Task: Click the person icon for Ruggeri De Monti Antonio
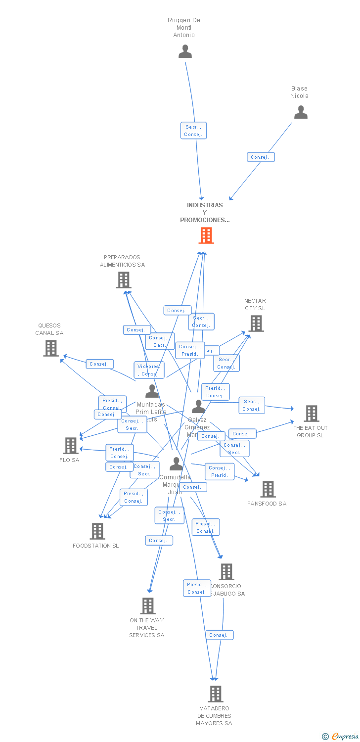[185, 51]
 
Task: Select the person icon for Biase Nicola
[301, 112]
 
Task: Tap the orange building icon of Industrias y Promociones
[206, 235]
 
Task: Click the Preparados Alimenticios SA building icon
[123, 280]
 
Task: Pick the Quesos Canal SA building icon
[50, 348]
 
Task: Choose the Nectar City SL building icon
[256, 324]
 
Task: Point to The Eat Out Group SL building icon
[311, 413]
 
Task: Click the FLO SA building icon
[71, 445]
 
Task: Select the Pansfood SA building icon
[268, 489]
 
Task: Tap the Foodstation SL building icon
[97, 531]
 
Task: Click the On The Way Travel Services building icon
[147, 605]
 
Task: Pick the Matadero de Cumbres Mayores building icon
[215, 694]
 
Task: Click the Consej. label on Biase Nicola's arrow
[261, 157]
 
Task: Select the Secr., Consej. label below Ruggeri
[193, 131]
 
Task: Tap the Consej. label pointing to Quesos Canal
[99, 364]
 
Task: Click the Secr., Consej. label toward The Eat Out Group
[252, 405]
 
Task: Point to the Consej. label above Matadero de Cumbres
[219, 635]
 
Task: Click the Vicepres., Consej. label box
[149, 370]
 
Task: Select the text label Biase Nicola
[299, 92]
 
